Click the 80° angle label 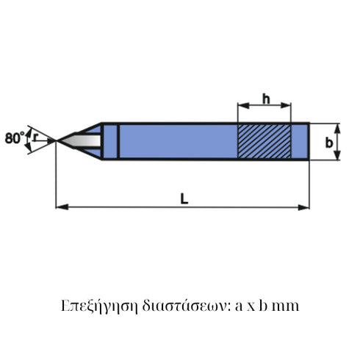[x=13, y=137]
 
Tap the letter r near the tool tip [x=35, y=137]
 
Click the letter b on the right [x=329, y=141]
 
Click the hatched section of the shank [x=262, y=141]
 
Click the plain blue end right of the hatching [x=298, y=141]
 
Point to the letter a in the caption [x=239, y=306]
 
